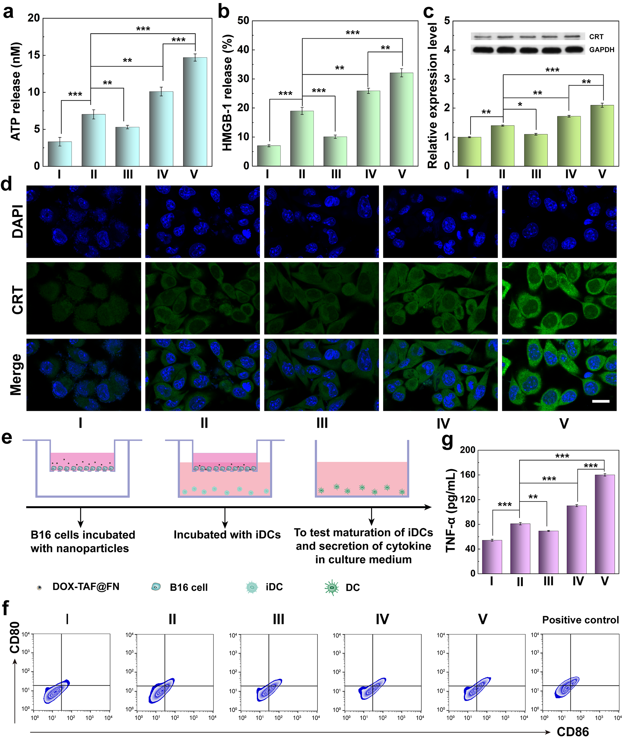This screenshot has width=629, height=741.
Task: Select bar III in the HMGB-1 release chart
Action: click(x=335, y=151)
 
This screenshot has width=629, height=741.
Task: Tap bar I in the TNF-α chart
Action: click(x=492, y=556)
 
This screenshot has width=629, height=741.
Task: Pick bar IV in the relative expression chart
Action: click(x=569, y=141)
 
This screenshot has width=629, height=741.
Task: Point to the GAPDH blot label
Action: click(x=602, y=50)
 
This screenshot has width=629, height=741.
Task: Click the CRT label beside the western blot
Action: click(x=596, y=37)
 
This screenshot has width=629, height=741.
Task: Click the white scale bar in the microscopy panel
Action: click(x=600, y=401)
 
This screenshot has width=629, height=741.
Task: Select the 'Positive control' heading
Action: click(x=580, y=620)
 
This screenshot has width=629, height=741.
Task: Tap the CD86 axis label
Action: click(x=573, y=732)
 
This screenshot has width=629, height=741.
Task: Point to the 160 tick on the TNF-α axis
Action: click(x=468, y=475)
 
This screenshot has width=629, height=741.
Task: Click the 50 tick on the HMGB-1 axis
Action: click(x=243, y=21)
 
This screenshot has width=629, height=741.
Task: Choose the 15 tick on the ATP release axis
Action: click(x=34, y=55)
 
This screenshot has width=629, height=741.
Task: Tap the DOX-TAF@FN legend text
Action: click(x=86, y=586)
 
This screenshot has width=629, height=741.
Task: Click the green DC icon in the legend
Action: click(x=331, y=587)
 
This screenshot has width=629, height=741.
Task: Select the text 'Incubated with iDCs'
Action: click(x=227, y=534)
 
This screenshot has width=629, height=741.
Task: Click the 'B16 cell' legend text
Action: click(x=188, y=587)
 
